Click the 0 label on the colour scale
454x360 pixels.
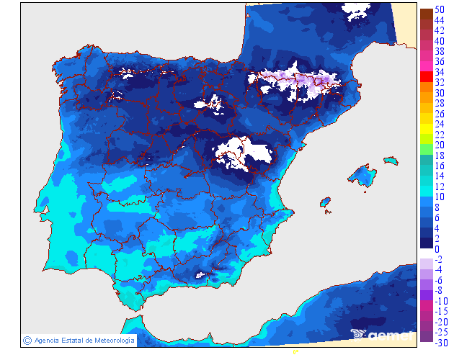437,248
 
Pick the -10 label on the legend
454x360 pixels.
441,300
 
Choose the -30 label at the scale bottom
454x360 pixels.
441,342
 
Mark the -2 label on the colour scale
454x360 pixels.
440,259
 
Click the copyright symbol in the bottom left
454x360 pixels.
27,341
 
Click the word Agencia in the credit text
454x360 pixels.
48,341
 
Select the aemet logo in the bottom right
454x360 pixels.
382,334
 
